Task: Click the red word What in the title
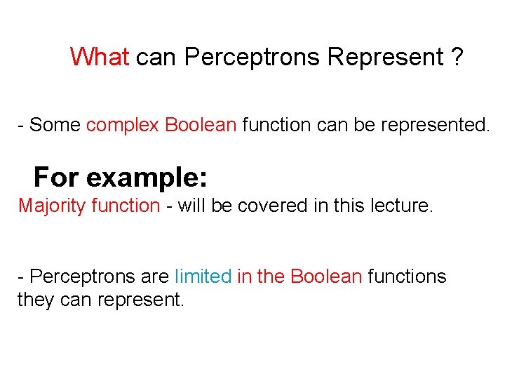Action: click(x=100, y=57)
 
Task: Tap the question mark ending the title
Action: click(x=457, y=57)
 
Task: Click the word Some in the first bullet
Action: click(x=55, y=126)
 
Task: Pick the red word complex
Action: click(x=123, y=126)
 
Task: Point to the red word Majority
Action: click(x=52, y=206)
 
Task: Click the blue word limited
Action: click(x=203, y=277)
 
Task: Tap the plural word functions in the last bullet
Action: click(x=407, y=277)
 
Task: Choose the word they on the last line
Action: click(x=34, y=300)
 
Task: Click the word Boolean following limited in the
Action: click(x=325, y=277)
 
